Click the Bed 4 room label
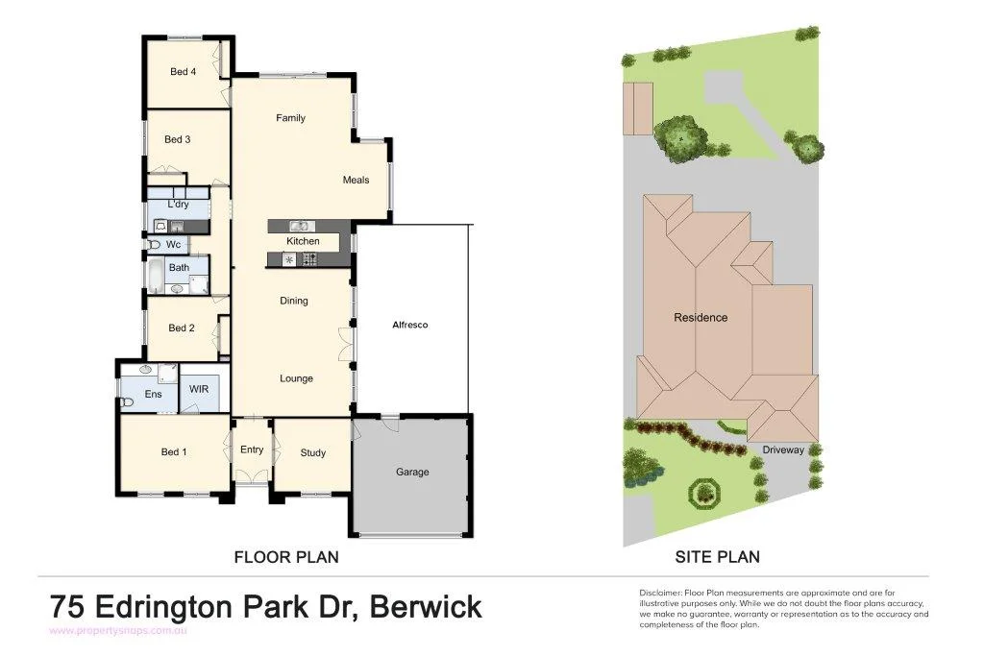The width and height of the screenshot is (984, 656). pos(183,72)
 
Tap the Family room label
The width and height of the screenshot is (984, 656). pos(290,118)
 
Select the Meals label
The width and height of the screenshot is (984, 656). pos(356,180)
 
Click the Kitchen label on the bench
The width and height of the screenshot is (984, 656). pos(303,241)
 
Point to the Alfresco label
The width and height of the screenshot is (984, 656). pos(409,325)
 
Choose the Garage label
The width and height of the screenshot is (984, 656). pos(412,472)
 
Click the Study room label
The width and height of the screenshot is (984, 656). pos(312,452)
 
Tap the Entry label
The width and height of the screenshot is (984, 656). pos(252,449)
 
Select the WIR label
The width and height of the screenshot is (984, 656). pos(199,389)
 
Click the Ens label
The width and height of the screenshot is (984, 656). pos(154,394)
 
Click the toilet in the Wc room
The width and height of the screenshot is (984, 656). pos(154,245)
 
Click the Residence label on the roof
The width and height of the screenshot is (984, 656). pos(701,318)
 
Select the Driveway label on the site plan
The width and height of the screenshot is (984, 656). pos(783,449)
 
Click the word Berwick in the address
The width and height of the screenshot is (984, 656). pos(426,608)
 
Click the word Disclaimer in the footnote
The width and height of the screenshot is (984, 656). pos(659,593)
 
